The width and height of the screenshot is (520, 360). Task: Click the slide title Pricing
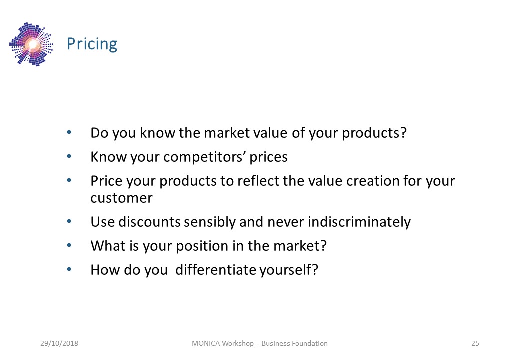pos(92,44)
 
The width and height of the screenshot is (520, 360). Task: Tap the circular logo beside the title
pos(31,44)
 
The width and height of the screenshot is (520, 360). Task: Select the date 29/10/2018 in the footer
pos(59,343)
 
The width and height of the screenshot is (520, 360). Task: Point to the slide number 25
pos(475,343)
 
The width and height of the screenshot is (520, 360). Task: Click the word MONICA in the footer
pos(206,343)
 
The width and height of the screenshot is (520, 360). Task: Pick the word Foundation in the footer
pos(311,343)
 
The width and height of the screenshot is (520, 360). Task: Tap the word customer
pos(121,198)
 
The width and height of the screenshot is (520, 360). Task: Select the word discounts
pos(149,222)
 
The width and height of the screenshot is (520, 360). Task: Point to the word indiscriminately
pos(359,222)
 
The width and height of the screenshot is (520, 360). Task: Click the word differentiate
pos(217,270)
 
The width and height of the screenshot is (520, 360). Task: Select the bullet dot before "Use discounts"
pos(69,221)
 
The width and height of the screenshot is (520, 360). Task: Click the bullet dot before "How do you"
pos(69,269)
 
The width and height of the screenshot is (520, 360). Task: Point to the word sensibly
pos(210,222)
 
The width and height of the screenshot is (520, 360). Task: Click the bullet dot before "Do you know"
pos(69,132)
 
